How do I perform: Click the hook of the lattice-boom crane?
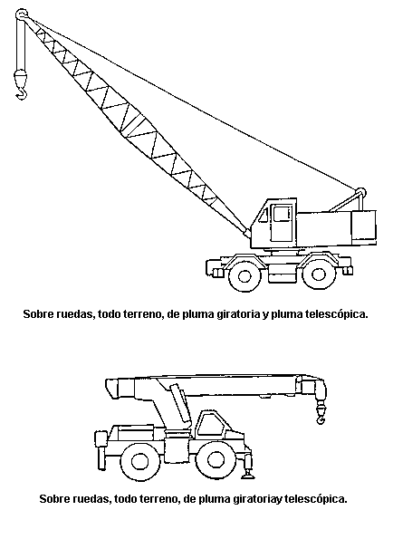pos(22,92)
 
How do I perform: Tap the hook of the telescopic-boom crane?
pos(321,419)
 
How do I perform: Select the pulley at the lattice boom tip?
pos(22,14)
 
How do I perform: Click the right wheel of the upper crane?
pos(318,274)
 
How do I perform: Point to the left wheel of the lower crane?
pos(139,461)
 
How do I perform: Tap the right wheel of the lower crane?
pos(216,460)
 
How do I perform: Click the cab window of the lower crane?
pos(208,425)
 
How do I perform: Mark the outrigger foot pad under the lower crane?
pos(247,476)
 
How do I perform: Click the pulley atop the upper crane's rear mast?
pos(360,192)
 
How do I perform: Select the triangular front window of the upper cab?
pos(264,216)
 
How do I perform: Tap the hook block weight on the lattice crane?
pos(20,77)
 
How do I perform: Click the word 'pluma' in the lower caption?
pos(215,499)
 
